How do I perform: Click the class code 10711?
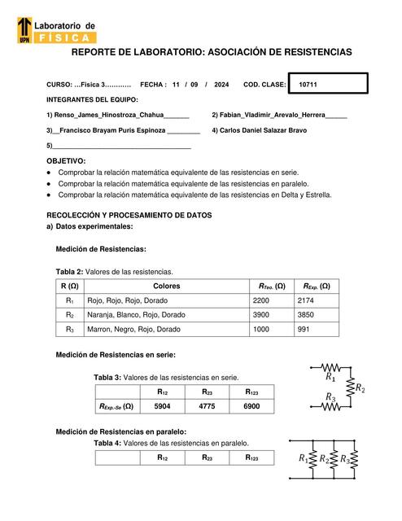308,85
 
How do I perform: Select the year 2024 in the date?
221,85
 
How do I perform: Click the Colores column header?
167,286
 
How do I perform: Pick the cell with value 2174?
310,300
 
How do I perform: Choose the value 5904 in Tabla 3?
163,406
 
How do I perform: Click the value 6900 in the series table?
252,406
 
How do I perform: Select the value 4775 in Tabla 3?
208,406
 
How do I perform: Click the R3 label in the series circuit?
330,397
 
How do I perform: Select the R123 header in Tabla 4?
253,458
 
